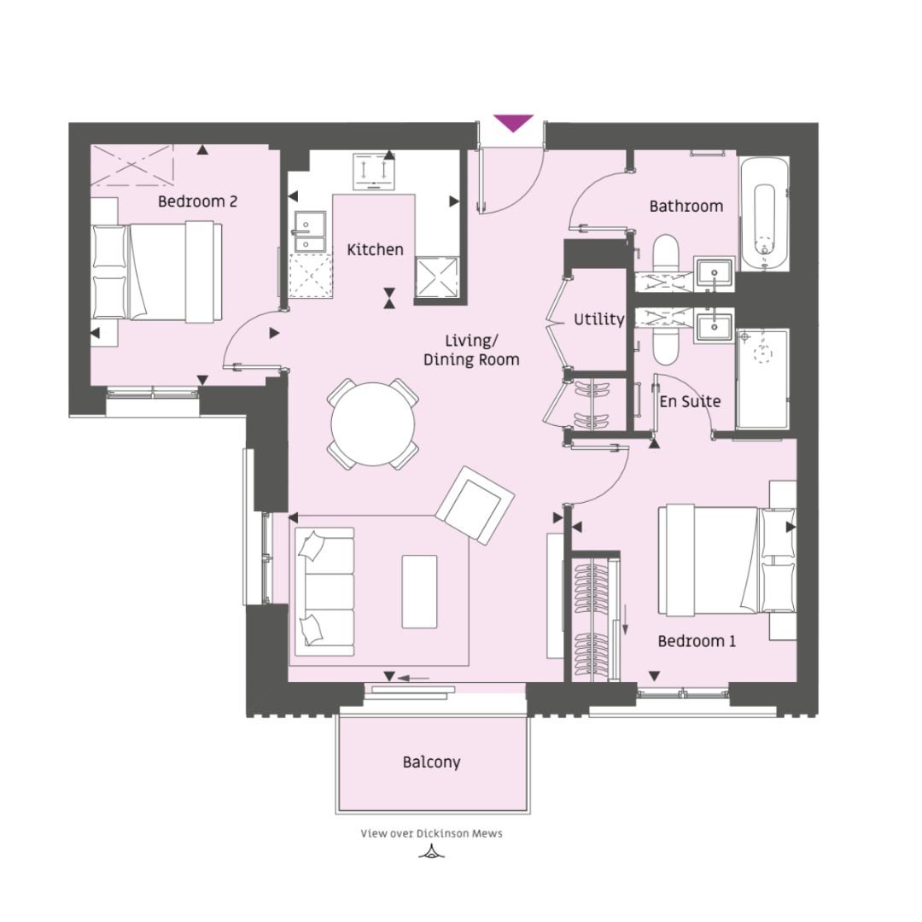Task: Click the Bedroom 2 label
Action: click(197, 201)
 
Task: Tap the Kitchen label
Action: click(375, 250)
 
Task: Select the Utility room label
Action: click(598, 319)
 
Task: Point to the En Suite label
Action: click(690, 401)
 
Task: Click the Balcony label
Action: click(432, 762)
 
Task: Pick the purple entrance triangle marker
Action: click(513, 123)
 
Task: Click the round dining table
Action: click(373, 424)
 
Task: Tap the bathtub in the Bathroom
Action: click(764, 214)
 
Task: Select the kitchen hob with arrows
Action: click(375, 171)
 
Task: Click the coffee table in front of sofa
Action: click(419, 592)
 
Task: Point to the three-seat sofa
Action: click(324, 592)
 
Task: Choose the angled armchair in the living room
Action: click(475, 505)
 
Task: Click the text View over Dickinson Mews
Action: click(432, 833)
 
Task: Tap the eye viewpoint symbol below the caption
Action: click(432, 851)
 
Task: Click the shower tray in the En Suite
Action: click(762, 379)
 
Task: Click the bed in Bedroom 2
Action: click(157, 271)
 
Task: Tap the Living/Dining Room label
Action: click(471, 351)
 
